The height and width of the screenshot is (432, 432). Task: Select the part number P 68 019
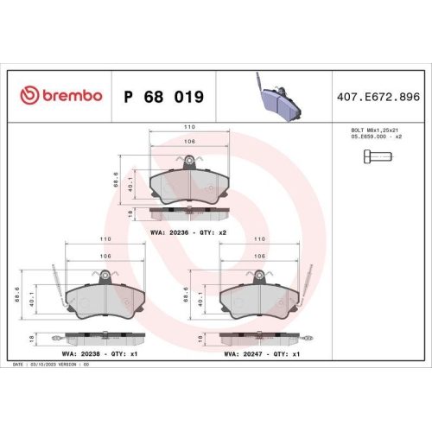163,97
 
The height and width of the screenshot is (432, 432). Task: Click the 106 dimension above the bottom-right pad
259,256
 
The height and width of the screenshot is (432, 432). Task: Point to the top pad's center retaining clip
188,160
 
